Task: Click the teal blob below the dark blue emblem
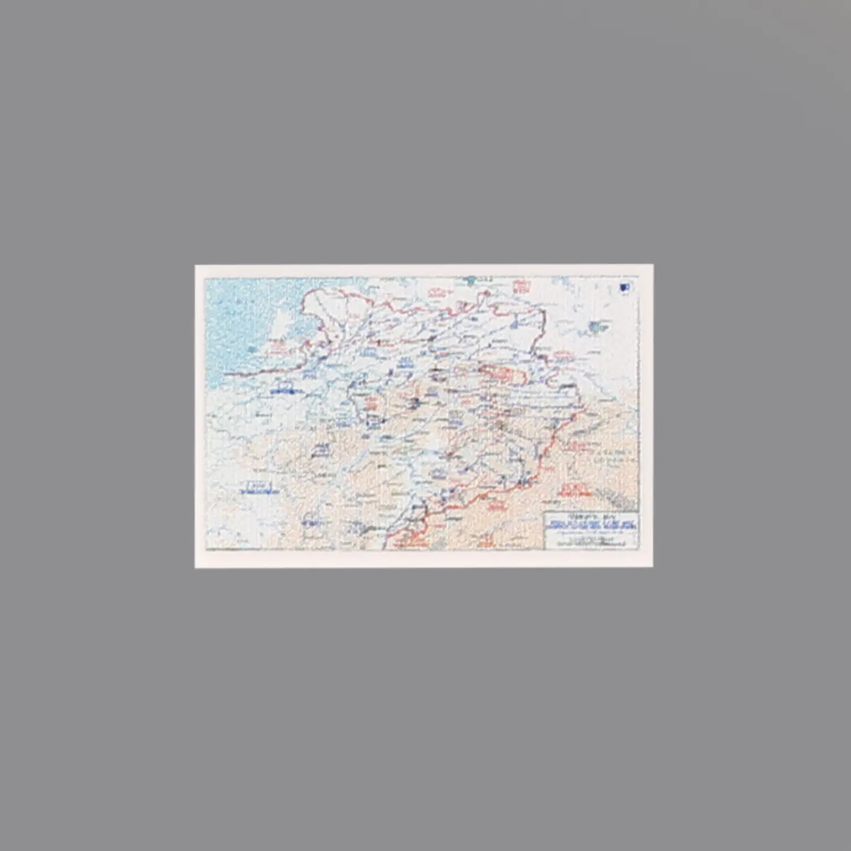pyautogui.click(x=595, y=326)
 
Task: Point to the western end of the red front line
pyautogui.click(x=227, y=373)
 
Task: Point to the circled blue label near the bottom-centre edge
pyautogui.click(x=309, y=519)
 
